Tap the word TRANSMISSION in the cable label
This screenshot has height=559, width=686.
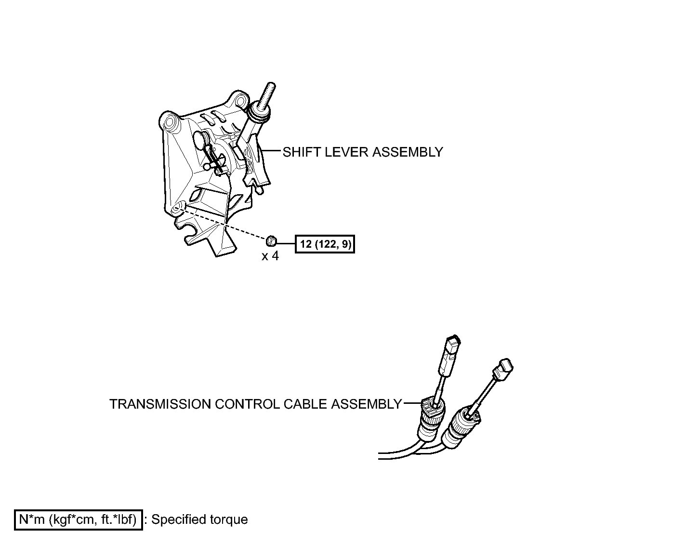point(160,404)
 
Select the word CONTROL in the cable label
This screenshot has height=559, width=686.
point(247,404)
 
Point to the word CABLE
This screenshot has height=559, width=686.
point(305,404)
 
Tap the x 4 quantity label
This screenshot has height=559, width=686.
point(270,256)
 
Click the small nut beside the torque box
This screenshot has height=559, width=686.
point(271,240)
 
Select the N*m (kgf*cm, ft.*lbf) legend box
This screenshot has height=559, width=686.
point(78,519)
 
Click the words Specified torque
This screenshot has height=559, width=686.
point(199,519)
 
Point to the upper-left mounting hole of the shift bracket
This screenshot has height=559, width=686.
point(170,122)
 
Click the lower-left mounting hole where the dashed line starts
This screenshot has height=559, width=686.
point(178,207)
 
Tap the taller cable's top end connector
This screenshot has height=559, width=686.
point(450,351)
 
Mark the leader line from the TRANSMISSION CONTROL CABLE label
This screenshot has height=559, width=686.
point(412,403)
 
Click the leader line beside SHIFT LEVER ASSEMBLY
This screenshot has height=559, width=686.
point(271,150)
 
